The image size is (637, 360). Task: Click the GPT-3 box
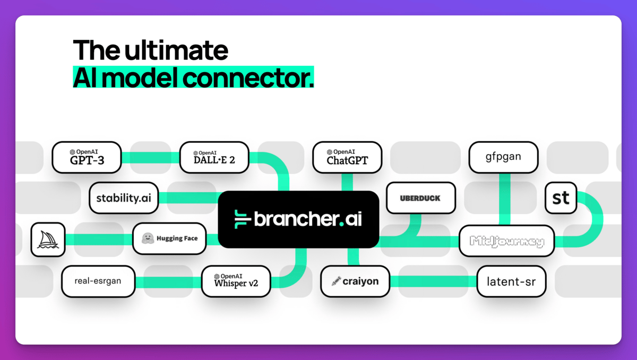pyautogui.click(x=87, y=157)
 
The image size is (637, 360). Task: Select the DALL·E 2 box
pyautogui.click(x=214, y=157)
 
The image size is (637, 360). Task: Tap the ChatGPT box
pyautogui.click(x=347, y=157)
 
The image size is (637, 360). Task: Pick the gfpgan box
pyautogui.click(x=503, y=157)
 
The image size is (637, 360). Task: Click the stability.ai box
pyautogui.click(x=124, y=198)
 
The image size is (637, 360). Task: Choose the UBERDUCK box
pyautogui.click(x=420, y=198)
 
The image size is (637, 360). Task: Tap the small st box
pyautogui.click(x=561, y=198)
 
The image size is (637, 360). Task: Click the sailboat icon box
pyautogui.click(x=48, y=239)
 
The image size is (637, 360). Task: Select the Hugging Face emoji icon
pyautogui.click(x=148, y=238)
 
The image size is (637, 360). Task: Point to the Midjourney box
pyautogui.click(x=506, y=242)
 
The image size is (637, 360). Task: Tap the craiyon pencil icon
pyautogui.click(x=335, y=281)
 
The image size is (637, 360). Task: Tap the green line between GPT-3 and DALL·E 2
pyautogui.click(x=150, y=158)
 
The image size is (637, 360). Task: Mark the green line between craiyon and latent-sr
pyautogui.click(x=434, y=281)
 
